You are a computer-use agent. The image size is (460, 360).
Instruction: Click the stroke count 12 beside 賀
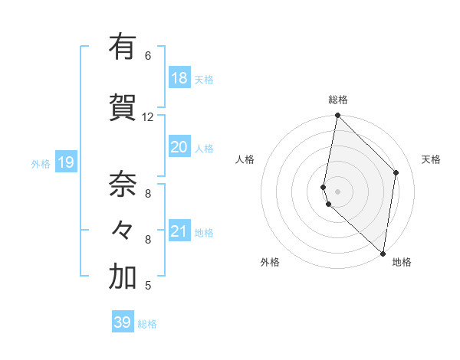tap(148, 117)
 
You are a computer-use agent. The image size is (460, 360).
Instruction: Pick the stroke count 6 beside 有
tap(147, 56)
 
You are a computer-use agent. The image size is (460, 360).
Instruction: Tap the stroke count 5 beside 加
tap(147, 286)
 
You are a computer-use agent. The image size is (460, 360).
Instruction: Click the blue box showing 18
tap(179, 78)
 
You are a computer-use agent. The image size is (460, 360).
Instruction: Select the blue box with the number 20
tap(179, 147)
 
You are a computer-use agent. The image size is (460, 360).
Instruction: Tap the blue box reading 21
tap(179, 231)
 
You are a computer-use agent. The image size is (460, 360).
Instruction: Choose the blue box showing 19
tap(65, 162)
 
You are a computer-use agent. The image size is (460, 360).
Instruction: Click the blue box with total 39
tap(123, 322)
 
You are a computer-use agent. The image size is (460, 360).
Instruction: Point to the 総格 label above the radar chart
tap(338, 100)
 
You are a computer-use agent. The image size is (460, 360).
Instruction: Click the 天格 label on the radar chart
tap(431, 159)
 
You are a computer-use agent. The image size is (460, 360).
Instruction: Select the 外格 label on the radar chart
tap(270, 262)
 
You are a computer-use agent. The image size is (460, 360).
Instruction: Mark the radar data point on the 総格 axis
tap(337, 116)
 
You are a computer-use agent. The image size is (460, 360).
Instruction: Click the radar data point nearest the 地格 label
tap(383, 253)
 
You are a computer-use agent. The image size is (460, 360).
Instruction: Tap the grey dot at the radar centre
tap(337, 190)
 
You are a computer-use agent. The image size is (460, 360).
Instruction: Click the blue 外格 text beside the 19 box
tap(41, 163)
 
